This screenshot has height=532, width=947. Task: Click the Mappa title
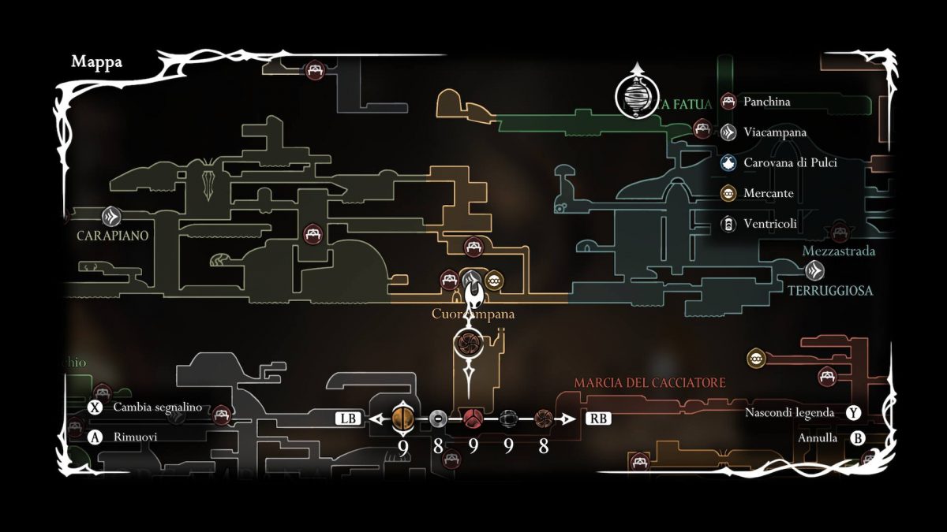click(x=96, y=62)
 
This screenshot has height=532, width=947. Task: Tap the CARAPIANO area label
click(x=113, y=236)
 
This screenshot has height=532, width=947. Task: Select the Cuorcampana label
click(x=473, y=314)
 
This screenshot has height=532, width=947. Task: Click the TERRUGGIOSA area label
click(x=830, y=290)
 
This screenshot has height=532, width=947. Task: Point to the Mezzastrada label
click(x=838, y=251)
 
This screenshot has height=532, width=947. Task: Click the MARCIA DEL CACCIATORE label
click(x=649, y=383)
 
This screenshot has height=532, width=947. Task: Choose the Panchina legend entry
click(x=766, y=102)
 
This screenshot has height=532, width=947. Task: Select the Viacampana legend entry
click(x=774, y=132)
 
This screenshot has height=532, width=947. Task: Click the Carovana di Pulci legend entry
click(x=790, y=163)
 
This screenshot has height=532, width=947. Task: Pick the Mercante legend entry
click(x=769, y=193)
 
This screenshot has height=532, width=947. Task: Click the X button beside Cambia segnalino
click(x=95, y=407)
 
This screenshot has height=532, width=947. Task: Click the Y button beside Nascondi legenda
click(x=853, y=412)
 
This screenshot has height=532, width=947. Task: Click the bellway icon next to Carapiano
click(x=111, y=215)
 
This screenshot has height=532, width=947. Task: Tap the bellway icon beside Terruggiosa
click(x=815, y=270)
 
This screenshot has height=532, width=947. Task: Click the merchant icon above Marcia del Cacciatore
click(x=757, y=359)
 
